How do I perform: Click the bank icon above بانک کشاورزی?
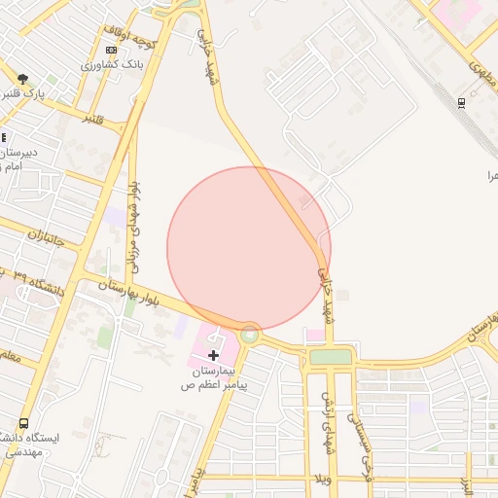coord(112,50)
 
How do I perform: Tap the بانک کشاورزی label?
coord(111,65)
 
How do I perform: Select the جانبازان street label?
coord(46,236)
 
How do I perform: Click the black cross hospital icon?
coord(214,356)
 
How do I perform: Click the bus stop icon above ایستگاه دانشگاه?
coord(24,423)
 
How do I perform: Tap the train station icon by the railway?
coord(461,101)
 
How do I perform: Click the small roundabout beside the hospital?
coord(250,335)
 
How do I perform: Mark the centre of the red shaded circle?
coord(249,248)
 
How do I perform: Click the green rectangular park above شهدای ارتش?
coord(331,356)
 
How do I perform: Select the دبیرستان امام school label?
coord(19,160)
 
